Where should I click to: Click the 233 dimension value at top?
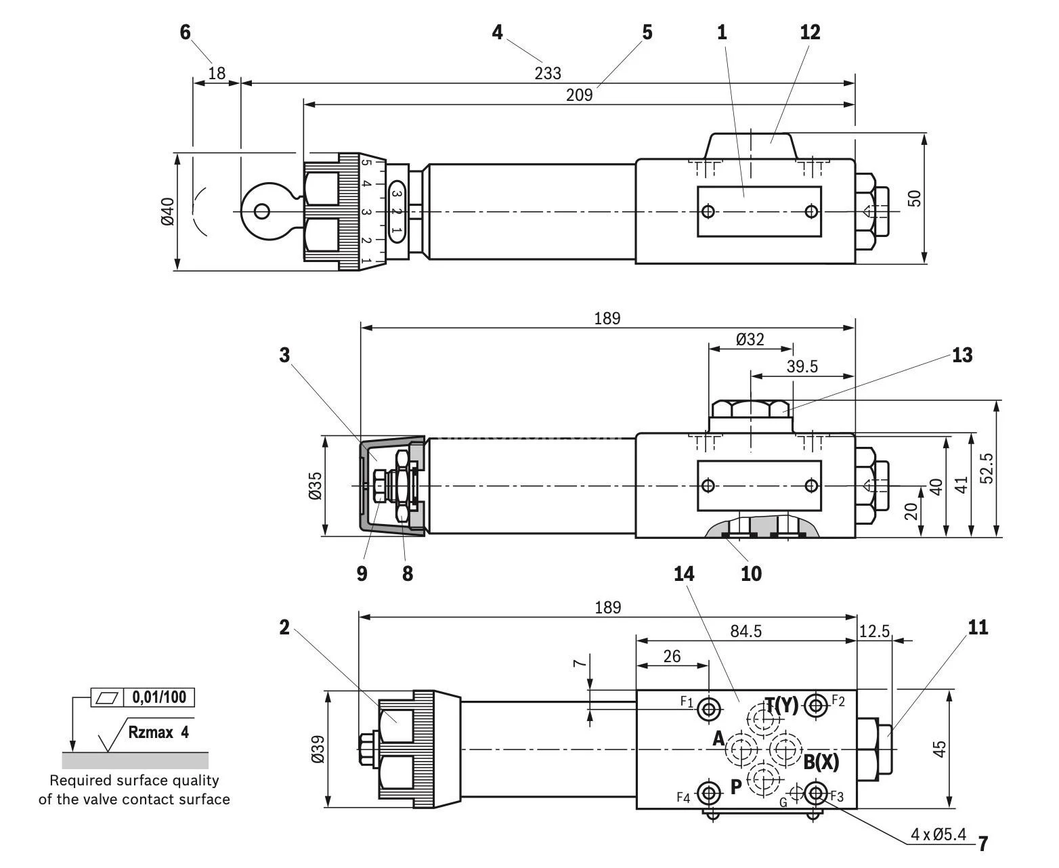pos(548,72)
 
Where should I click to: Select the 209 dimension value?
pos(579,95)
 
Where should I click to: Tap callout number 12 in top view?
pos(810,32)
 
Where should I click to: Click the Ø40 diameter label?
pos(168,211)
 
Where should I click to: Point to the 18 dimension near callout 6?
pos(217,72)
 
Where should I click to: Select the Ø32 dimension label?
pos(750,339)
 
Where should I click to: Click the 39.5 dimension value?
pos(802,366)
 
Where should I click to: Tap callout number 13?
pos(961,355)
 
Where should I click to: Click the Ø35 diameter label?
pos(315,486)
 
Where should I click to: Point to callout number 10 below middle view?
pos(751,573)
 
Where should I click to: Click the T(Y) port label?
pos(782,705)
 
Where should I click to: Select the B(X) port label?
pos(821,762)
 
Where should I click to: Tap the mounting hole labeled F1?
pos(710,708)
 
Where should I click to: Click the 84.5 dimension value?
pos(745,631)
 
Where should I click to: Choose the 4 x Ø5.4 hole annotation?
pos(938,834)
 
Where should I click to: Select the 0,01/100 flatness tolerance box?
pos(159,697)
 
